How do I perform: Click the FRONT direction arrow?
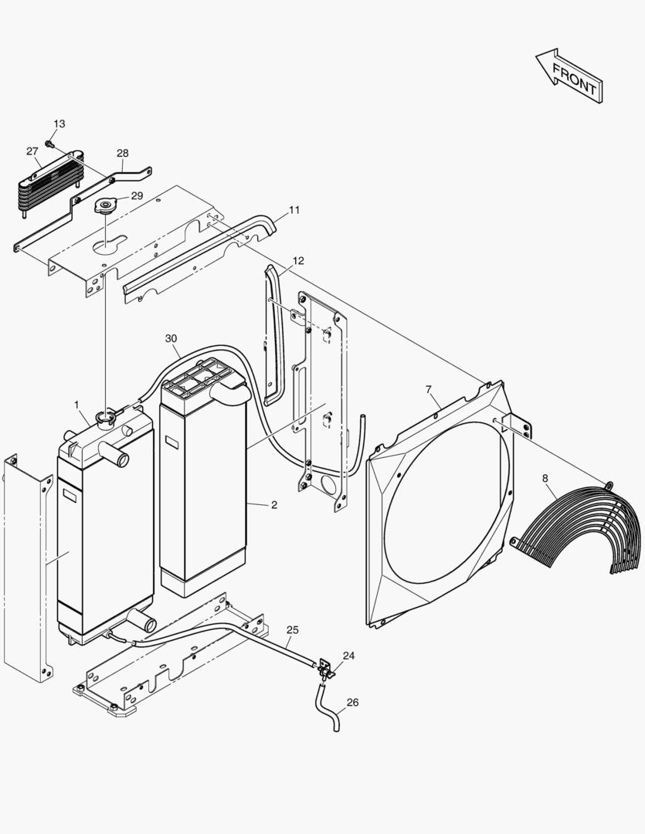click(x=569, y=76)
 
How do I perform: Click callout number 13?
click(x=59, y=124)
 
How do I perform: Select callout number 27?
click(x=32, y=151)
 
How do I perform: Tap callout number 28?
click(x=123, y=153)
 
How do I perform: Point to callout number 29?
click(x=137, y=196)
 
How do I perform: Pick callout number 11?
click(x=294, y=210)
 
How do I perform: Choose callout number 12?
click(x=298, y=261)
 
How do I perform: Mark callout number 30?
click(x=171, y=338)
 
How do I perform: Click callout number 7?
click(x=429, y=388)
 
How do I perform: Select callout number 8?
click(x=547, y=479)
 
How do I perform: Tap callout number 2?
click(x=273, y=505)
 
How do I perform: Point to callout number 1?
click(x=77, y=405)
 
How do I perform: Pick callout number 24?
click(x=349, y=656)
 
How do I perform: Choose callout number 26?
click(x=352, y=703)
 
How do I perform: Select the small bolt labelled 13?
click(x=49, y=143)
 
